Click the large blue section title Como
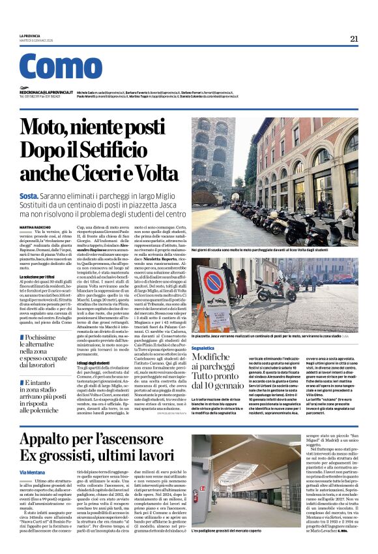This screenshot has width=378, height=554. [x=61, y=67]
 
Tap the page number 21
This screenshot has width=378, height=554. [x=354, y=38]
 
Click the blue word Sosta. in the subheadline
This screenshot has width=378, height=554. [x=29, y=196]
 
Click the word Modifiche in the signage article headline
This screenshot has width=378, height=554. [x=218, y=359]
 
